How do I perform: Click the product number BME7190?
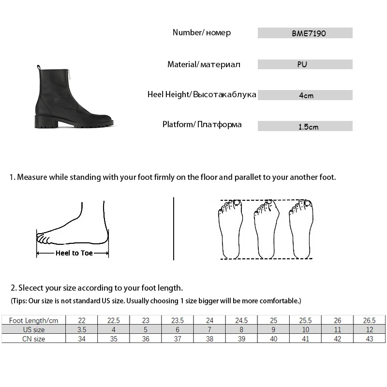[x=305, y=33]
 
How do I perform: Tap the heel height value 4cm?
[x=306, y=95]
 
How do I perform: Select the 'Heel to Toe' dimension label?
[x=74, y=253]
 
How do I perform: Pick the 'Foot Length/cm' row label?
[x=33, y=320]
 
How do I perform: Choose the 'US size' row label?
[x=33, y=329]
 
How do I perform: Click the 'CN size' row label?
[x=33, y=339]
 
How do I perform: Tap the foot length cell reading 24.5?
[x=241, y=320]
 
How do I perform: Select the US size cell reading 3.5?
[x=82, y=329]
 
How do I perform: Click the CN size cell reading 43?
[x=370, y=339]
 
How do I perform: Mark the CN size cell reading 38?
[x=209, y=339]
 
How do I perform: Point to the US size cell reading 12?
[x=370, y=329]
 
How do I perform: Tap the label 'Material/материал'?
[x=204, y=64]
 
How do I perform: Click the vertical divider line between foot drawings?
[x=174, y=228]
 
